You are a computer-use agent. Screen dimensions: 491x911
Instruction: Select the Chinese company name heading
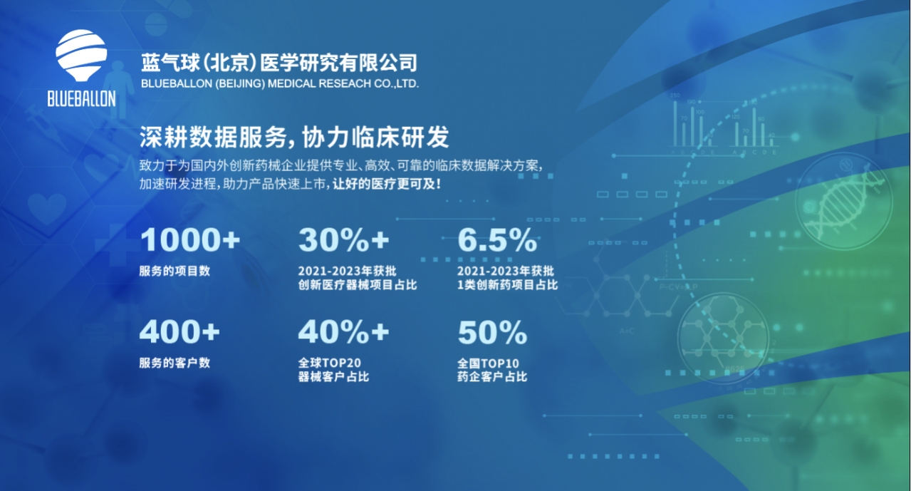click(279, 63)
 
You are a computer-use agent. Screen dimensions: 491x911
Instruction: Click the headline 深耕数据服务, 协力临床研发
click(294, 137)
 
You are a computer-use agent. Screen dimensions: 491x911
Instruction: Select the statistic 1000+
click(190, 241)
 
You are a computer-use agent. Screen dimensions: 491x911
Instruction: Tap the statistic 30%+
click(343, 241)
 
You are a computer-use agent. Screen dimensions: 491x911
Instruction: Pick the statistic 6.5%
click(496, 241)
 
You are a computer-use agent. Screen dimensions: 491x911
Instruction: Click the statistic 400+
click(179, 332)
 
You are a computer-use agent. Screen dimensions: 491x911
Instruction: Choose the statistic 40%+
click(343, 332)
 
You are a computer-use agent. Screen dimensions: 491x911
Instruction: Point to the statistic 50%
click(492, 332)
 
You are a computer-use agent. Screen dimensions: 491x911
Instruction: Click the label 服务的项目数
click(175, 271)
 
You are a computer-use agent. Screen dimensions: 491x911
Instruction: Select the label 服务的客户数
click(175, 363)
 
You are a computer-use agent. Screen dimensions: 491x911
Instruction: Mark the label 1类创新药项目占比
click(507, 285)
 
